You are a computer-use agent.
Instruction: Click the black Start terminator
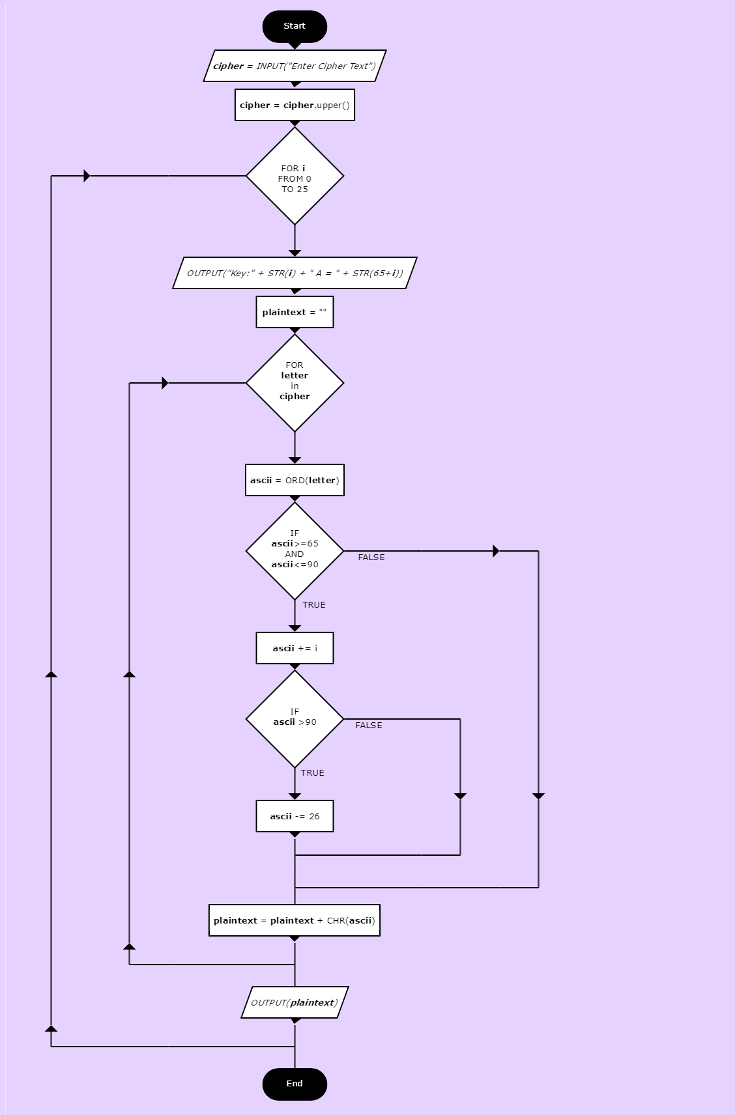295,27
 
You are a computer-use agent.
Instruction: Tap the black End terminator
295,1084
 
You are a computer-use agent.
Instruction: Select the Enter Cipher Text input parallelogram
295,66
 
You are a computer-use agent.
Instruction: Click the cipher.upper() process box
295,105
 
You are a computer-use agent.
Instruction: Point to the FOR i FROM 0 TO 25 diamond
295,176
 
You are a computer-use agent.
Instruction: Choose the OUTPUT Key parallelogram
295,273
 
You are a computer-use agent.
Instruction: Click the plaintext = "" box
295,312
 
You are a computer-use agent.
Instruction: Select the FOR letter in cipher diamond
295,383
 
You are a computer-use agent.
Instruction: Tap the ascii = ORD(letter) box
295,481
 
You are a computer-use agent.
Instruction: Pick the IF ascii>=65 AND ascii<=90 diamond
295,551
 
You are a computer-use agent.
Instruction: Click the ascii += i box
295,648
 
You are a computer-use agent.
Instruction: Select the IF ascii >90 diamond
295,719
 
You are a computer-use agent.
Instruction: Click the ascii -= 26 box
295,816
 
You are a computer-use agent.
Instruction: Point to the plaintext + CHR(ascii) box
295,920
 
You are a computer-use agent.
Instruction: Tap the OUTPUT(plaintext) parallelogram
295,1002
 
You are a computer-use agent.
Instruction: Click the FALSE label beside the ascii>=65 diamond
371,557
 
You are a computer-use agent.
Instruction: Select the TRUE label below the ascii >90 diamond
312,773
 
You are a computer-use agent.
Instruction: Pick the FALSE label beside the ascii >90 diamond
369,726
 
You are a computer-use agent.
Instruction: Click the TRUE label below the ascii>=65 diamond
313,605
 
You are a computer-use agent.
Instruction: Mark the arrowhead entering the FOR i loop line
87,176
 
